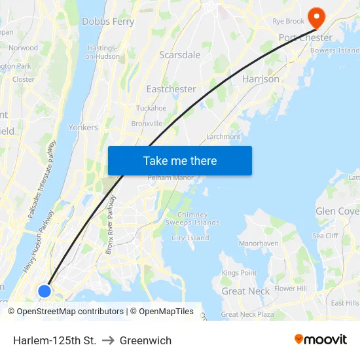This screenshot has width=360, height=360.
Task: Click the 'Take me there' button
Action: [179, 160]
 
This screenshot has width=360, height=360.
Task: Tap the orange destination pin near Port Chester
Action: [317, 16]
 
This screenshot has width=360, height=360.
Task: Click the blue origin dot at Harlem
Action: [45, 291]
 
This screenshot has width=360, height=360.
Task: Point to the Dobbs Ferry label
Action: [108, 22]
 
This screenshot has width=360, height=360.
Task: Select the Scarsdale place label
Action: [180, 55]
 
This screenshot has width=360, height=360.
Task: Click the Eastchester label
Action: [171, 88]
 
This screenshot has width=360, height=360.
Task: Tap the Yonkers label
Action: [83, 128]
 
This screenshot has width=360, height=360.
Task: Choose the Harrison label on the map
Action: [261, 79]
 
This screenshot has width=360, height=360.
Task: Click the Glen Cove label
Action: [337, 211]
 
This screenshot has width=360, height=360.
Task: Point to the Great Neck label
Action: [245, 291]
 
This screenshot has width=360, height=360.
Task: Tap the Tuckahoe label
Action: [151, 108]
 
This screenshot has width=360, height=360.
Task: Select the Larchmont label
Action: [223, 136]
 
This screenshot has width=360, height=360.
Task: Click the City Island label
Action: [190, 238]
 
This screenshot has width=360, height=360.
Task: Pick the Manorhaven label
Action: [259, 243]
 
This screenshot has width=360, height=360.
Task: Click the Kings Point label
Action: [239, 273]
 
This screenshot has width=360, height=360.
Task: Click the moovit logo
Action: [321, 340]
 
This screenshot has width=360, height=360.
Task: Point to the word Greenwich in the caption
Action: [145, 340]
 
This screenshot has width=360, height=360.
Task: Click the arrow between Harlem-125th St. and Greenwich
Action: [108, 340]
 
